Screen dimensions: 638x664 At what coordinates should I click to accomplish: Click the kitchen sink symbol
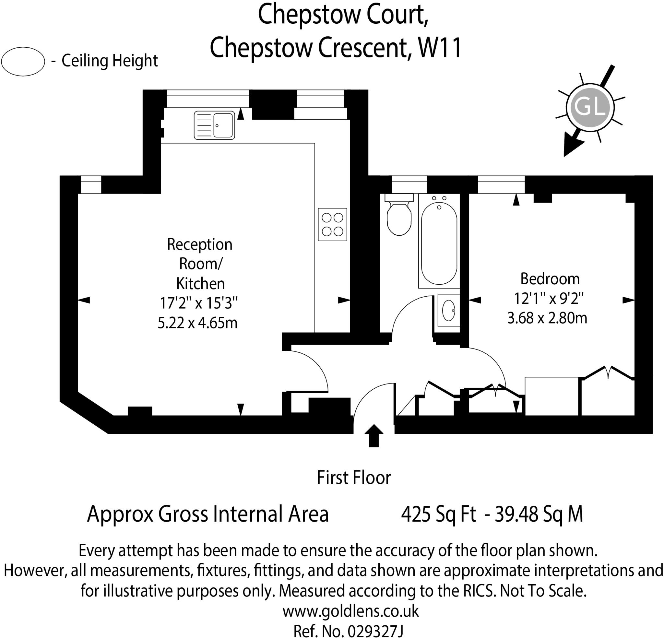coord(214,125)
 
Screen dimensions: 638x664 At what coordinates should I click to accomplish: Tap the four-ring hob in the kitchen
coord(332,224)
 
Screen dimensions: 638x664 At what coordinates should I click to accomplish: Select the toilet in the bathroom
coord(399,217)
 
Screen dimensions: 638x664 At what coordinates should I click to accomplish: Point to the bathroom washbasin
coord(449,310)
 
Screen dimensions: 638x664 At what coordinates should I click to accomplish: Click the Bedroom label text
coord(550,279)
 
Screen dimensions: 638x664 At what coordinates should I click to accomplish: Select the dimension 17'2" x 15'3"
coord(199,303)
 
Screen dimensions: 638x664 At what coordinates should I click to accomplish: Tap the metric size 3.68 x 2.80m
coord(547,318)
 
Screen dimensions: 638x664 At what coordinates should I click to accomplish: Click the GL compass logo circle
coord(590,107)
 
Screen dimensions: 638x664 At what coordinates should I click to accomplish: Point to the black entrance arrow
coord(374,436)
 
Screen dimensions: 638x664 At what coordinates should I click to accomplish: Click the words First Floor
coord(354,478)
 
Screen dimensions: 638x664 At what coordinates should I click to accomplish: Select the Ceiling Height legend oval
coord(23,61)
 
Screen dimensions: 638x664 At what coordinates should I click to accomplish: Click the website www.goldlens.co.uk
coord(350,611)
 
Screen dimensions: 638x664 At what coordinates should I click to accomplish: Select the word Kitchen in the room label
coord(200,284)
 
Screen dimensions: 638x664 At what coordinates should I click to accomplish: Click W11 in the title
coord(440,48)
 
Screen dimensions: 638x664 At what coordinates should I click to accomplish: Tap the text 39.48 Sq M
coord(539,514)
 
